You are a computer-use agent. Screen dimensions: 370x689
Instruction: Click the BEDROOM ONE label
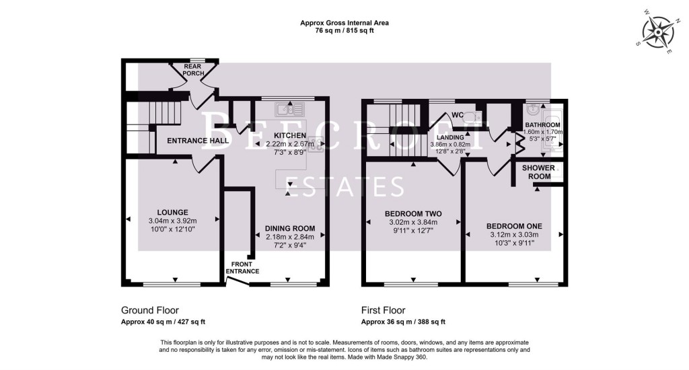515,225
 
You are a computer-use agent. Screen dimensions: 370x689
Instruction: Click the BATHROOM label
542,125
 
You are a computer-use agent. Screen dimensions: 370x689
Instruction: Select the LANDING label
450,137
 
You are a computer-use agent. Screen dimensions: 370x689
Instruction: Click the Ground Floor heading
149,310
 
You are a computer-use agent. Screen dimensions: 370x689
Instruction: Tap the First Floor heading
384,310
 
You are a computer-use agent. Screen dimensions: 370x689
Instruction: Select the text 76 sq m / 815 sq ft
344,30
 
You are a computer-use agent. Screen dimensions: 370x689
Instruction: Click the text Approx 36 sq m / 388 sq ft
403,322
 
